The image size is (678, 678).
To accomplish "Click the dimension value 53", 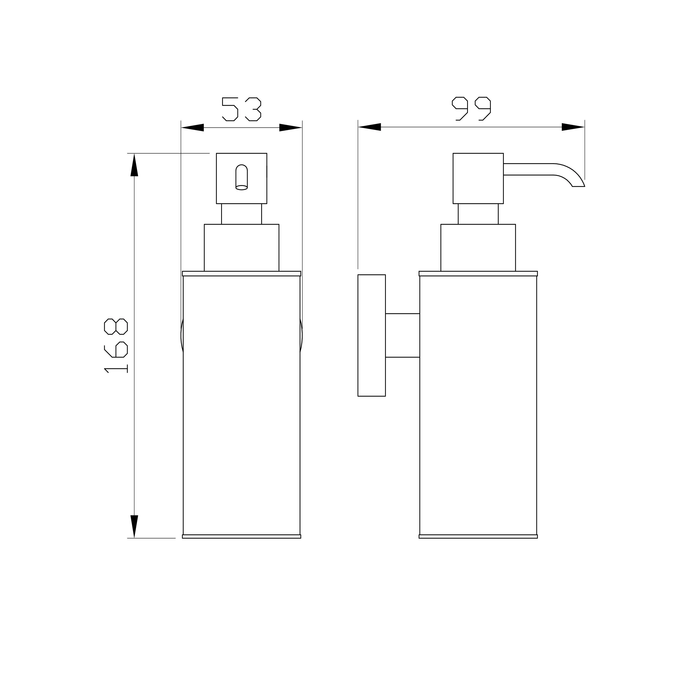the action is tap(242, 109).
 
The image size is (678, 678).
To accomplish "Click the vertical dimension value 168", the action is tap(116, 346).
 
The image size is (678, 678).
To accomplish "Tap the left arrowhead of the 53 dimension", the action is tap(192, 127).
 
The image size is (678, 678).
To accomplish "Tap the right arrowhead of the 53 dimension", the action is tap(291, 127).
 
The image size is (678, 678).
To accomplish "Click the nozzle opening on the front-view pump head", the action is tap(242, 177).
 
